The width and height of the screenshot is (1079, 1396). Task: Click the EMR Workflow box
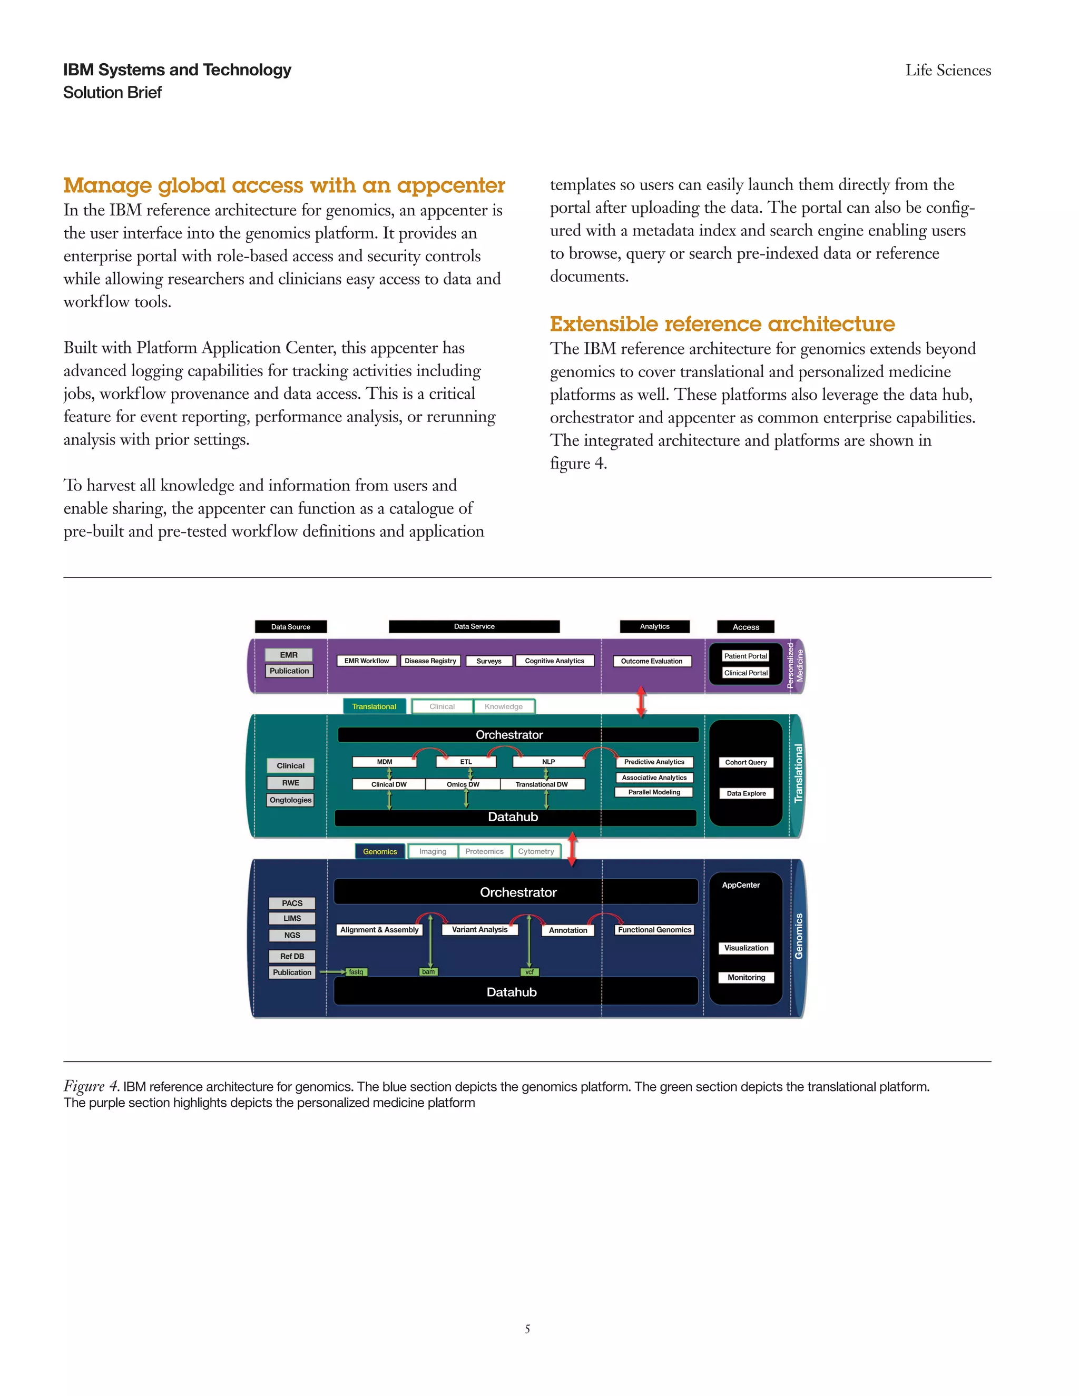pyautogui.click(x=366, y=661)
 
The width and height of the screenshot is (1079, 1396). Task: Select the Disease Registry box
pyautogui.click(x=430, y=661)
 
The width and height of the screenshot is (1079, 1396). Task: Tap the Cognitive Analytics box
pyautogui.click(x=554, y=661)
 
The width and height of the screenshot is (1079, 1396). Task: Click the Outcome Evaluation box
pyautogui.click(x=651, y=661)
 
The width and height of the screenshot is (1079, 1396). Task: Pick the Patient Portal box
pyautogui.click(x=746, y=656)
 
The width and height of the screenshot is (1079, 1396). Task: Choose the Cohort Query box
pyautogui.click(x=746, y=763)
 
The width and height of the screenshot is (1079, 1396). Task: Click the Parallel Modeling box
pyautogui.click(x=654, y=792)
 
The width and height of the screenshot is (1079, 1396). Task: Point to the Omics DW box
pyautogui.click(x=463, y=784)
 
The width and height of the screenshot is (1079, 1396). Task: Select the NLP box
pyautogui.click(x=548, y=762)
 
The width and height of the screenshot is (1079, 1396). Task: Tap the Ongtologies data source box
pyautogui.click(x=290, y=800)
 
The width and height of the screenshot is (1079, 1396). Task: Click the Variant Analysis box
pyautogui.click(x=479, y=929)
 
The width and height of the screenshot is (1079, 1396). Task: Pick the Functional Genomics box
pyautogui.click(x=654, y=929)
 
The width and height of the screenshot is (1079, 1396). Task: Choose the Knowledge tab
pyautogui.click(x=503, y=706)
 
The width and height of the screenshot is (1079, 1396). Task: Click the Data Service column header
pyautogui.click(x=474, y=626)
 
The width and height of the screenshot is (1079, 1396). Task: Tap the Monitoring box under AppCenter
pyautogui.click(x=746, y=977)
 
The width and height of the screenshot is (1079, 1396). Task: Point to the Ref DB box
pyautogui.click(x=292, y=956)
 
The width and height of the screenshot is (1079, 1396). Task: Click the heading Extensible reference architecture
pyautogui.click(x=722, y=324)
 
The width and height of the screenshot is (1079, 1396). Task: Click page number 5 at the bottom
pyautogui.click(x=527, y=1329)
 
